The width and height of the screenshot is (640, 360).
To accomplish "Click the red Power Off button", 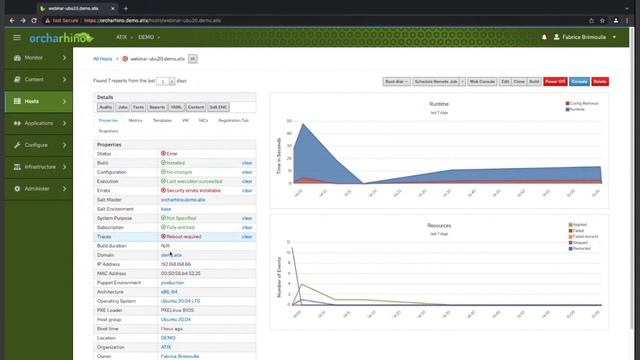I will click(x=555, y=81).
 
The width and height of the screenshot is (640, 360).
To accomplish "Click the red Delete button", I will click(x=600, y=81).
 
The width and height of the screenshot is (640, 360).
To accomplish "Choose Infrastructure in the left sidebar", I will click(x=40, y=167).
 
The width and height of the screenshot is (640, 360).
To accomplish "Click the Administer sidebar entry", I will click(x=37, y=188).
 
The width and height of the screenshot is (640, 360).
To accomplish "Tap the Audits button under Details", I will click(x=105, y=106).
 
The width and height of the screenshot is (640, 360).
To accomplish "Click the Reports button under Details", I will click(x=158, y=106).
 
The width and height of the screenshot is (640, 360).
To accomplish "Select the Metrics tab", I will click(x=135, y=120).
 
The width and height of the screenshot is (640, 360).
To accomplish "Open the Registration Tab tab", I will click(x=234, y=120).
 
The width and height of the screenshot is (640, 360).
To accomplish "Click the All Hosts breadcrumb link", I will click(x=97, y=59).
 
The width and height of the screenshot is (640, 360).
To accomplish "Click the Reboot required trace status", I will click(x=186, y=237).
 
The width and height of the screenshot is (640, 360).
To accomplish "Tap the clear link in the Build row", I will click(x=247, y=162).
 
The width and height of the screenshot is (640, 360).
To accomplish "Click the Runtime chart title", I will click(x=439, y=102).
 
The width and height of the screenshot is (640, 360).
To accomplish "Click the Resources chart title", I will click(x=439, y=225).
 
